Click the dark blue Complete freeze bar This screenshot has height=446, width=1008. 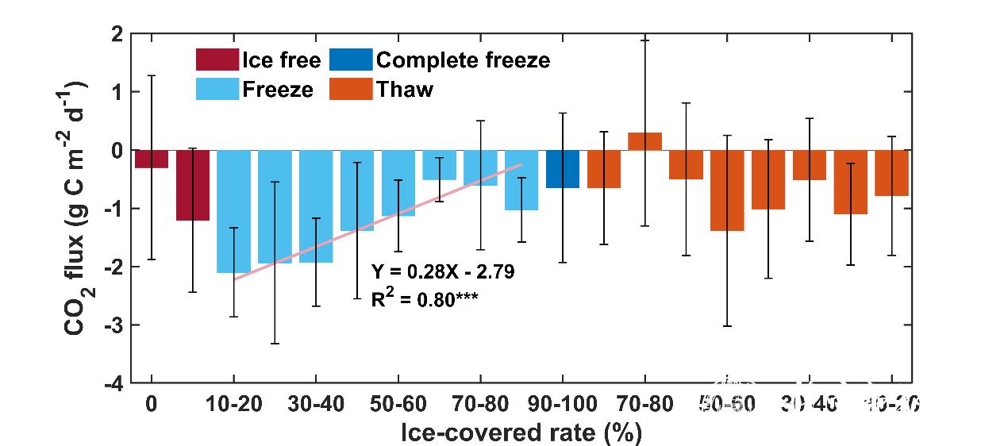click(x=563, y=169)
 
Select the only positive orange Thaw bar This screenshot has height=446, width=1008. click(x=644, y=141)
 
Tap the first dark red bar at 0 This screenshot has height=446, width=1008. click(x=151, y=159)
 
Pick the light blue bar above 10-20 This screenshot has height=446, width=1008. click(x=233, y=211)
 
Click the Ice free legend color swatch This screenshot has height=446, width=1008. click(x=217, y=60)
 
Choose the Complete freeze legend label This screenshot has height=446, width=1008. click(x=463, y=60)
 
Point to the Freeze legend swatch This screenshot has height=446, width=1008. click(x=217, y=89)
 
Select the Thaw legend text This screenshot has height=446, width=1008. click(x=405, y=89)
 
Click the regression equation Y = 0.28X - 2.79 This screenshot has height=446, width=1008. click(x=443, y=272)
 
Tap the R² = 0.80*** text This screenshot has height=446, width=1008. click(x=424, y=299)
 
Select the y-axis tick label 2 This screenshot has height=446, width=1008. click(x=116, y=35)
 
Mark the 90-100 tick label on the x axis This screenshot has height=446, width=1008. click(x=563, y=404)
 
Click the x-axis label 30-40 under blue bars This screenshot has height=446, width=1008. click(x=316, y=404)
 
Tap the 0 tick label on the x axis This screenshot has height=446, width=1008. click(x=151, y=404)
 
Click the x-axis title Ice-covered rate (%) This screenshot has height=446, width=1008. click(x=521, y=433)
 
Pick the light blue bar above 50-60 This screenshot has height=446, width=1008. click(x=398, y=183)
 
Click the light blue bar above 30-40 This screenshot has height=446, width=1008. click(x=316, y=206)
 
